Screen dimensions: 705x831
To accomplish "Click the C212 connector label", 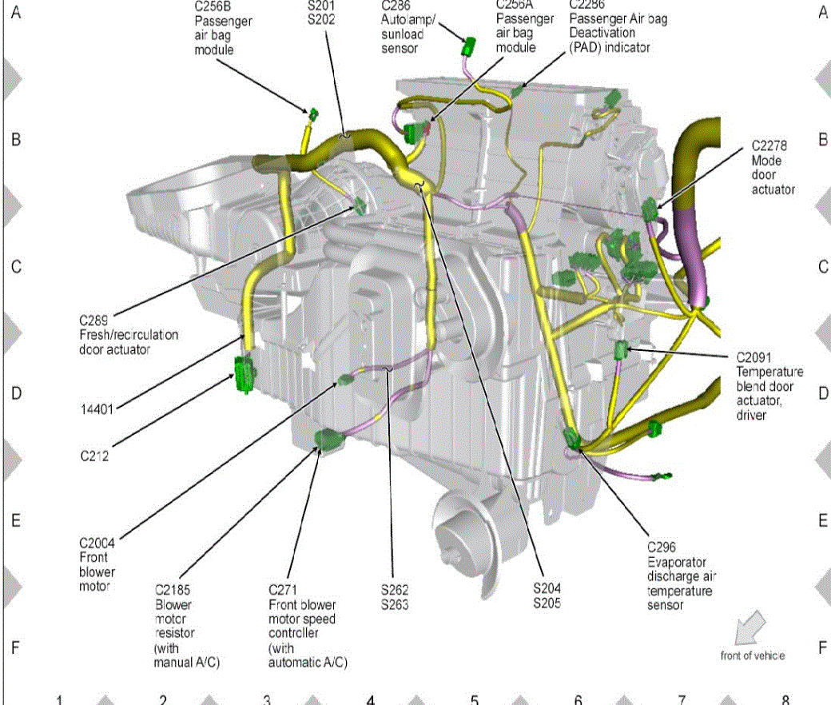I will [94, 457].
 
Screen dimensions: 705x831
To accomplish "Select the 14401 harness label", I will [96, 408].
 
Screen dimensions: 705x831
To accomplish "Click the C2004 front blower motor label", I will [97, 564].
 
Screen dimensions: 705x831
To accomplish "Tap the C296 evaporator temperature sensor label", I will [679, 576].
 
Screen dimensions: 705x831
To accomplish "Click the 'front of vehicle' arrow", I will [749, 626].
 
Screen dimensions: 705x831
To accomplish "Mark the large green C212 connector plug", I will [244, 374].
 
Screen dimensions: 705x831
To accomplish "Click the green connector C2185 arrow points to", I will [328, 440].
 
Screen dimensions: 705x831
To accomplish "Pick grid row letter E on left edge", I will [16, 520].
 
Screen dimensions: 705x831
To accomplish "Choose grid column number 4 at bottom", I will [371, 700].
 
